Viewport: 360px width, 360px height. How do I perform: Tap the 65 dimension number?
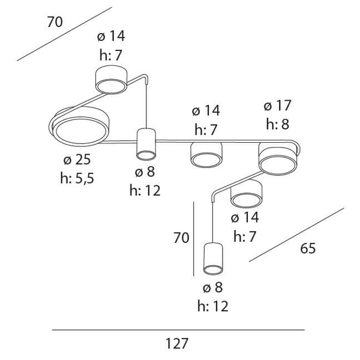pos(308,248)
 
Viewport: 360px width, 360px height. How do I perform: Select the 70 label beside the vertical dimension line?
pos(181,238)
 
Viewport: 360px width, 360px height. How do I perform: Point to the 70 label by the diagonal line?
pos(55,23)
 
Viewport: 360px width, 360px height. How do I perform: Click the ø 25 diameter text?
pos(76,160)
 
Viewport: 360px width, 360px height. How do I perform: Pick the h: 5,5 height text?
pos(77,178)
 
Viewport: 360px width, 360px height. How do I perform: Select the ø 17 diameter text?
pos(277,106)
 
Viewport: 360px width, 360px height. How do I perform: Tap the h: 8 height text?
pos(278,125)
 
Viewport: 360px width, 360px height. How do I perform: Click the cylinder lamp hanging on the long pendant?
pos(213,257)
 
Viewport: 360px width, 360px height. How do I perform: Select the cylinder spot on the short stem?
pos(146,145)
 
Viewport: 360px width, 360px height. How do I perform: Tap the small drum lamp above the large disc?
pos(112,81)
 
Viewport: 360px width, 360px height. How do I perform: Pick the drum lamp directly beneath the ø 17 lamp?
pos(247,193)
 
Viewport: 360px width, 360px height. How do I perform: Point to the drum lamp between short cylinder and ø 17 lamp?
pos(206,155)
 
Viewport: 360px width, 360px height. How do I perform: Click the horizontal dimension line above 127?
pos(178,330)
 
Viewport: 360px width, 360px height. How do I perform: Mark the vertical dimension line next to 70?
pos(194,238)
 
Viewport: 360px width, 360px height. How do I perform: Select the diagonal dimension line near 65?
pos(296,235)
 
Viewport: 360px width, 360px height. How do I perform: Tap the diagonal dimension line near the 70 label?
pos(64,34)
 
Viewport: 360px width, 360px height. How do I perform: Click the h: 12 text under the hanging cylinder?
pos(213,306)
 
